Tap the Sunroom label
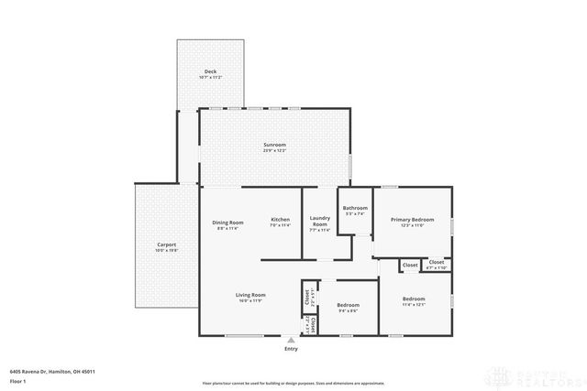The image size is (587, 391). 275,145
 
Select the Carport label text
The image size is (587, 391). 167,244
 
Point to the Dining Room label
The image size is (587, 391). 227,223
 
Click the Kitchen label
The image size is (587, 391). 280,220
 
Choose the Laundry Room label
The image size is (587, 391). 319,222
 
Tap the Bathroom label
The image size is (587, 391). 355,209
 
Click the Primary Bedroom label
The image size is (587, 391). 412,220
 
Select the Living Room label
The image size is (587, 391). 250,295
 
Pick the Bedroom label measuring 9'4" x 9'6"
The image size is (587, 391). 348,305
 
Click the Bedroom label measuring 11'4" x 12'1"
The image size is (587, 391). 414,299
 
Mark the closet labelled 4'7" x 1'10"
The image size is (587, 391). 437,263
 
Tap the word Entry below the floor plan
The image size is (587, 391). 291,349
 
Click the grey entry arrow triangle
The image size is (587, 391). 291,339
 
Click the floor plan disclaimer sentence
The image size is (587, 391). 293,382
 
